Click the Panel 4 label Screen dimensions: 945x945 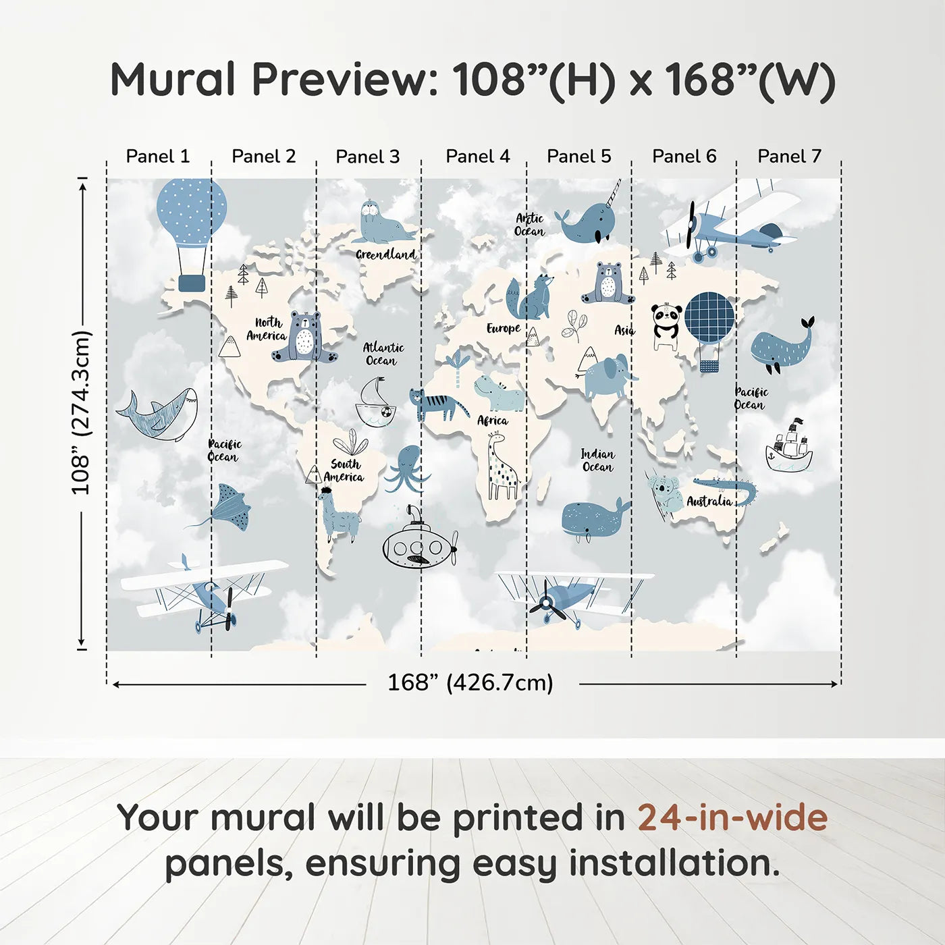coord(477,157)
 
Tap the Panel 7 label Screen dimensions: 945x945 coord(789,157)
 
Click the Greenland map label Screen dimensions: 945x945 coord(385,254)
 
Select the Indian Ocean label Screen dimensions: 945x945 coord(597,460)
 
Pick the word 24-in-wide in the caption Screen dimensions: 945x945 coord(732,817)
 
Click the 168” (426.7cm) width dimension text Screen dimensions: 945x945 coord(470,682)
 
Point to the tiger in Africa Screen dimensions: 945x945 coord(436,404)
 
